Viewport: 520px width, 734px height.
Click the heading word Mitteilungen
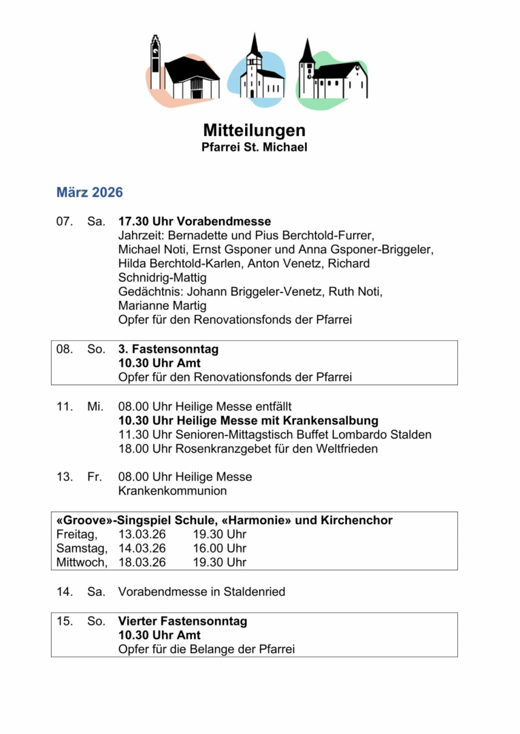pyautogui.click(x=254, y=130)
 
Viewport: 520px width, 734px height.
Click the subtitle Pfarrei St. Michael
pyautogui.click(x=254, y=147)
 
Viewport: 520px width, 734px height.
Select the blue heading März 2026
pyautogui.click(x=89, y=192)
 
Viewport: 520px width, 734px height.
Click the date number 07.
pyautogui.click(x=64, y=222)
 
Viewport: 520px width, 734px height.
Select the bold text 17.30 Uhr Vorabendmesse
pyautogui.click(x=195, y=222)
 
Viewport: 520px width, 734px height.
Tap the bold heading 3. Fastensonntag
pyautogui.click(x=168, y=349)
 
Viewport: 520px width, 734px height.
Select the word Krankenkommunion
pyautogui.click(x=172, y=491)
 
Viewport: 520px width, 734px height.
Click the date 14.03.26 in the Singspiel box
pyautogui.click(x=142, y=548)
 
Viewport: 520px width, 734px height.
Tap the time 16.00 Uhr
pyautogui.click(x=219, y=548)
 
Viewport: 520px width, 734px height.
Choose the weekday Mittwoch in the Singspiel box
pyautogui.click(x=80, y=563)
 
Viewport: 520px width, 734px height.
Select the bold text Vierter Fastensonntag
pyautogui.click(x=182, y=621)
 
